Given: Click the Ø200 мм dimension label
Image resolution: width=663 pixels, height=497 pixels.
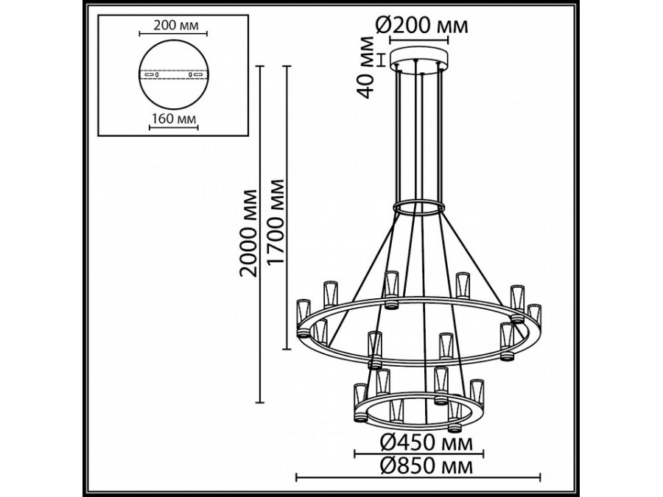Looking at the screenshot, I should click(421, 27).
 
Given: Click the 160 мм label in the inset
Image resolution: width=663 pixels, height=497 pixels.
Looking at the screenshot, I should click(174, 118).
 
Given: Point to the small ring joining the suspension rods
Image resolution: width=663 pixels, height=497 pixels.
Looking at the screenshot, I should click(418, 208).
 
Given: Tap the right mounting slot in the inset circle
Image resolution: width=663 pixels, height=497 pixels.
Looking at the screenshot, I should click(197, 75).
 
